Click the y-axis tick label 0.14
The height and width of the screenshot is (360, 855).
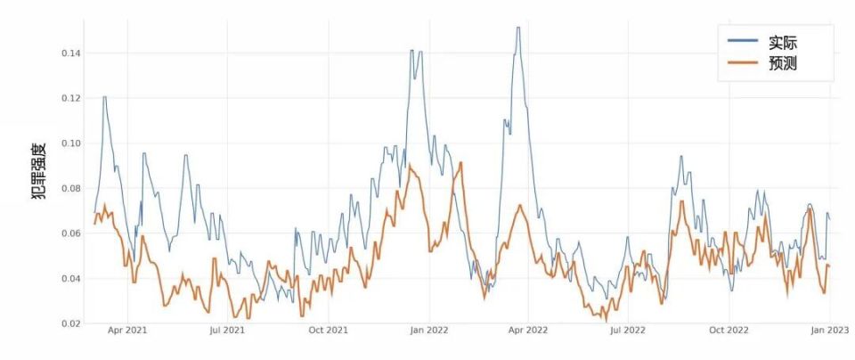(x=71, y=53)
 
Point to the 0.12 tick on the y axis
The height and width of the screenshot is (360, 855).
(x=71, y=99)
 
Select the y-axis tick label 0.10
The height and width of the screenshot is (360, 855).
(x=71, y=143)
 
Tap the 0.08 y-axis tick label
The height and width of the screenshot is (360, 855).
(x=71, y=189)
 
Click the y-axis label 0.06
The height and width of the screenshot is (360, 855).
(x=71, y=233)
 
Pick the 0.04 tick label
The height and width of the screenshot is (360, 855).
(x=71, y=279)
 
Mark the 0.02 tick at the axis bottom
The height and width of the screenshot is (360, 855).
(x=71, y=323)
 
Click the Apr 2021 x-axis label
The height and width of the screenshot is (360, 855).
(x=128, y=331)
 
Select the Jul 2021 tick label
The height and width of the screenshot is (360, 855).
(x=227, y=331)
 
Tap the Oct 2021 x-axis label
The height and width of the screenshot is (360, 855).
(x=329, y=331)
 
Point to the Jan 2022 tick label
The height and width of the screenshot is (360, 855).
(x=429, y=331)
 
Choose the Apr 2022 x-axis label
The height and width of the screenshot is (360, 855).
(x=529, y=331)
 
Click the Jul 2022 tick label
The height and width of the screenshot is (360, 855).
(x=628, y=331)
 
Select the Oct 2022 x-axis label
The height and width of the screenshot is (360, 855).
(x=729, y=331)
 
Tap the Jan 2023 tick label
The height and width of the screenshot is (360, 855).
(x=829, y=331)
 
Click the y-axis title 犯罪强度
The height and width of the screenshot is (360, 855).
(x=40, y=171)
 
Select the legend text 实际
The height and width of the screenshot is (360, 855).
(x=783, y=43)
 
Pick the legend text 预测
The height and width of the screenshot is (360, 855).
(x=783, y=63)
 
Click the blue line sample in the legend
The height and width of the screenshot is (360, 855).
(x=743, y=40)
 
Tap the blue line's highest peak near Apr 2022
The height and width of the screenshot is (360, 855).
(x=518, y=28)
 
